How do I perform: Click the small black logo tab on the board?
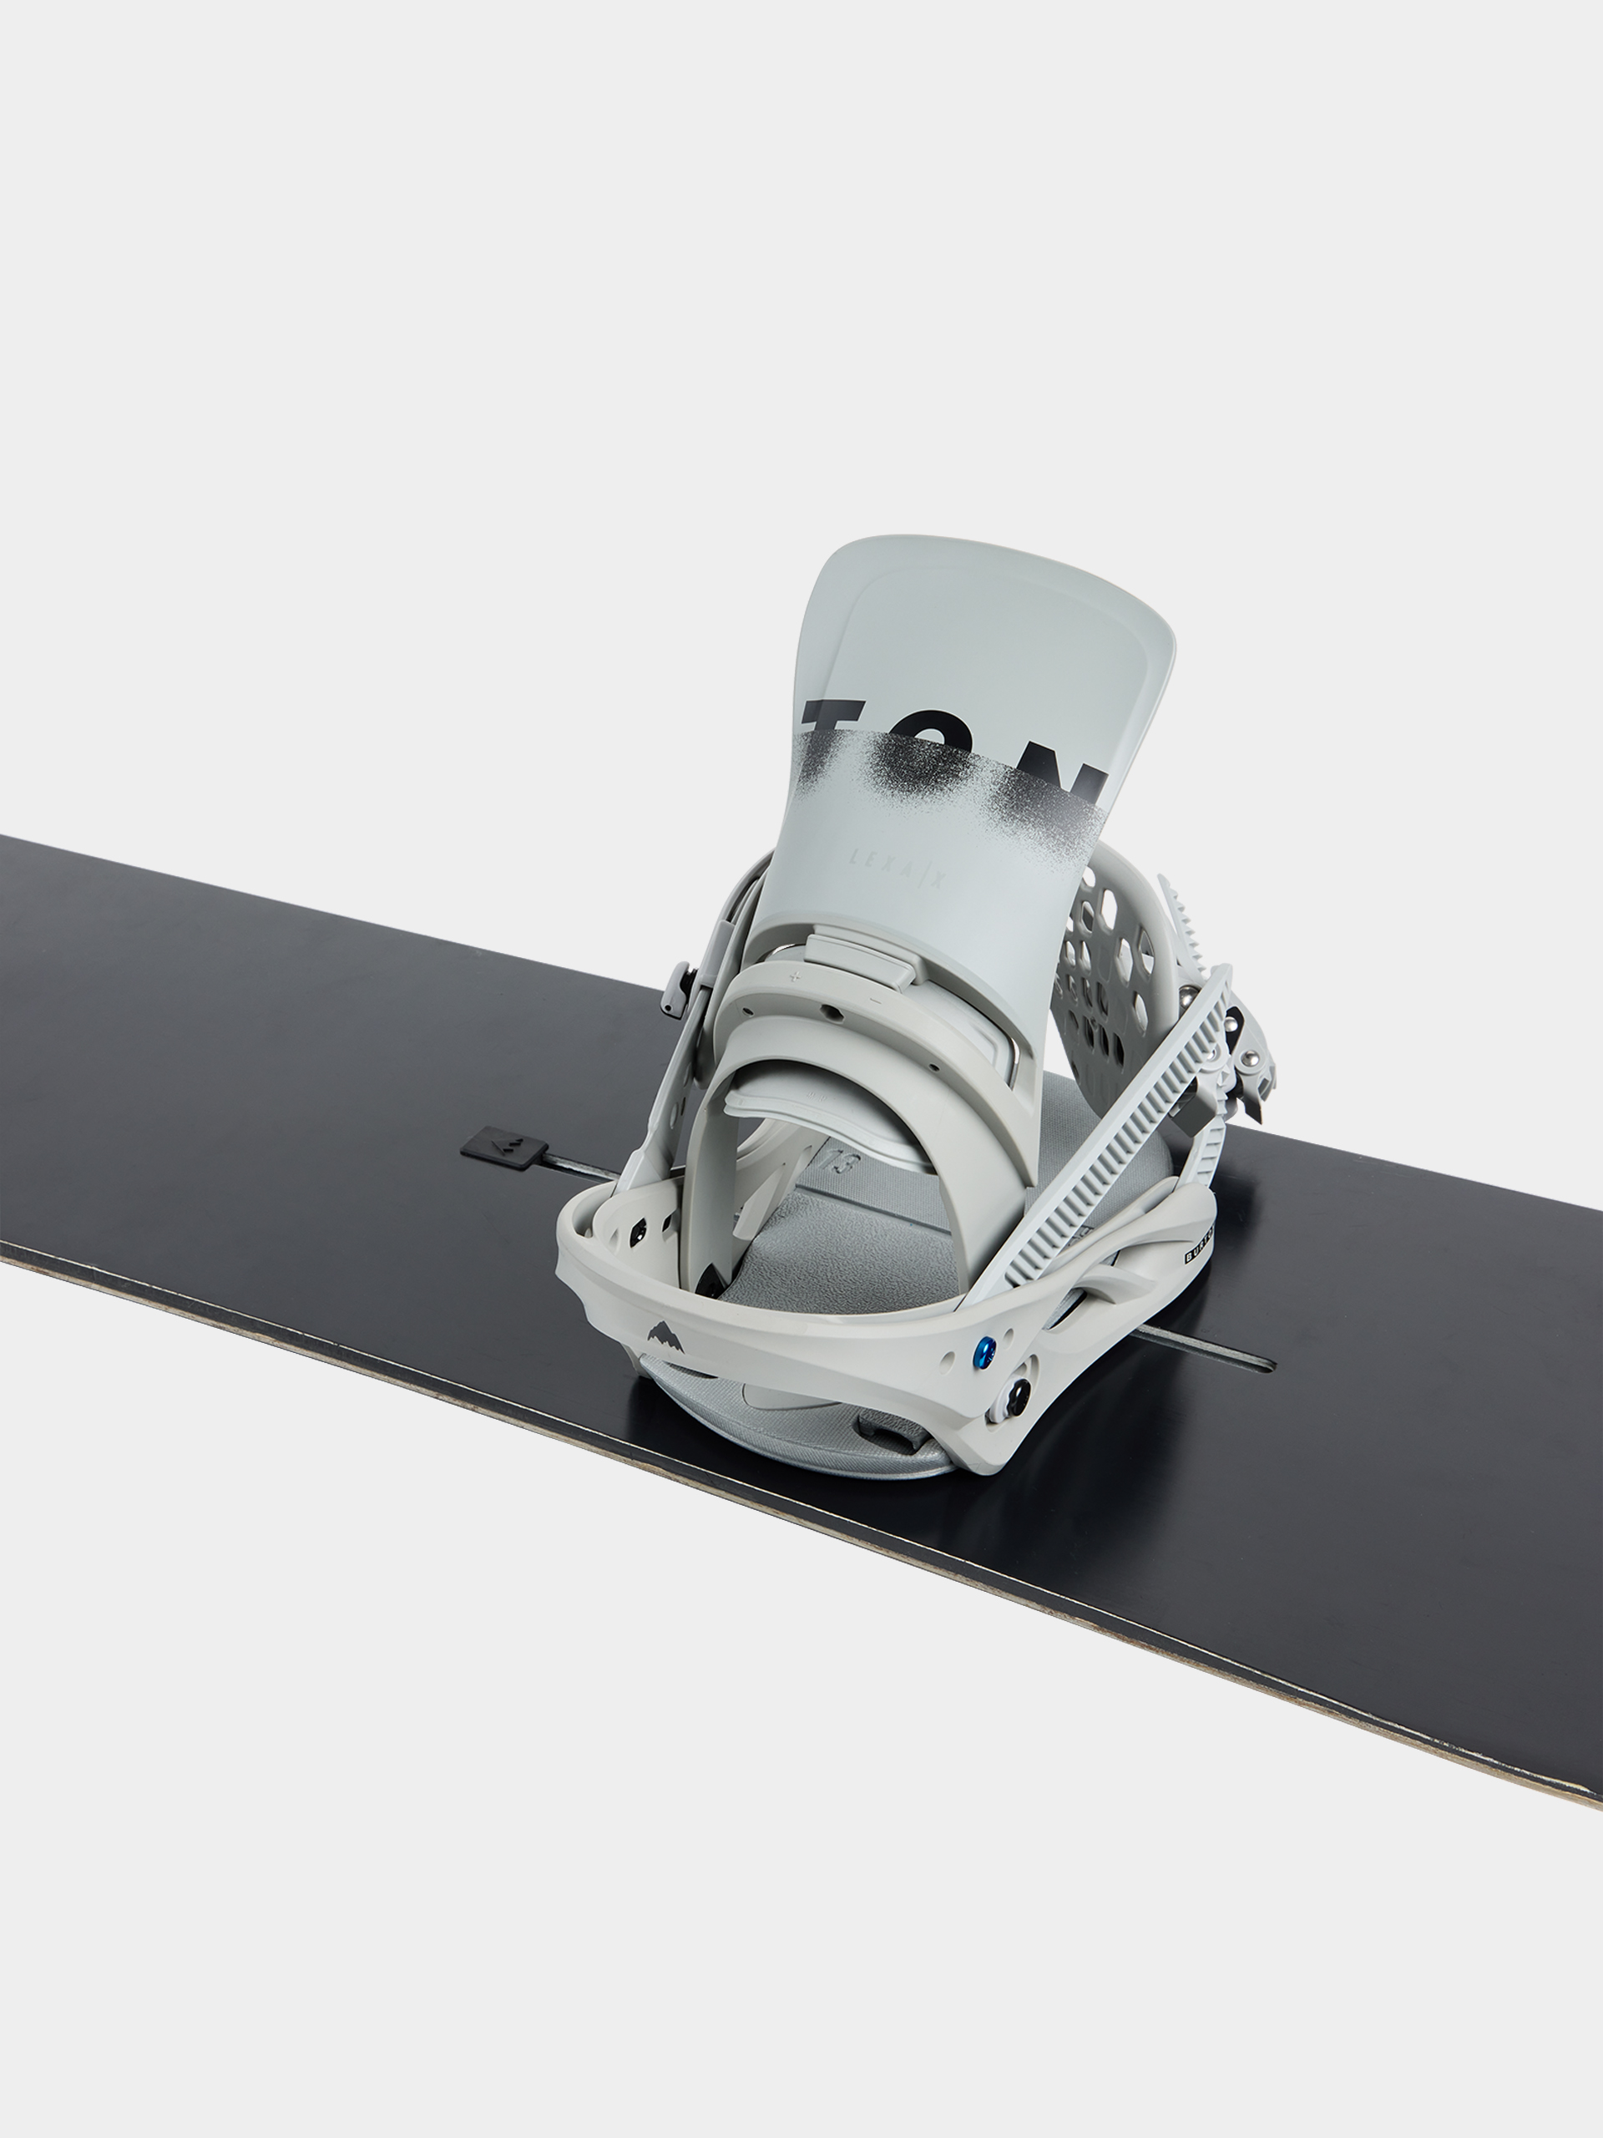(x=503, y=1149)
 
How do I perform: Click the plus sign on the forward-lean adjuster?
(x=794, y=976)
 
